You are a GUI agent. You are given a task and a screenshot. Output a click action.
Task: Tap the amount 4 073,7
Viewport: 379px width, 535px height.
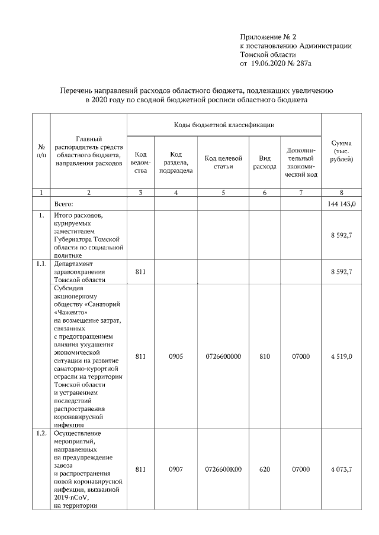point(342,469)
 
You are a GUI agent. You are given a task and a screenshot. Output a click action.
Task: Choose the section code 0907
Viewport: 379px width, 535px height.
point(175,469)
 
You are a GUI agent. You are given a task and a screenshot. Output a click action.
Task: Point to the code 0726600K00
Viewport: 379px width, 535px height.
point(223,469)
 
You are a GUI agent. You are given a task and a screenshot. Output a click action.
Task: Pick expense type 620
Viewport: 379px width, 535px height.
point(264,469)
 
